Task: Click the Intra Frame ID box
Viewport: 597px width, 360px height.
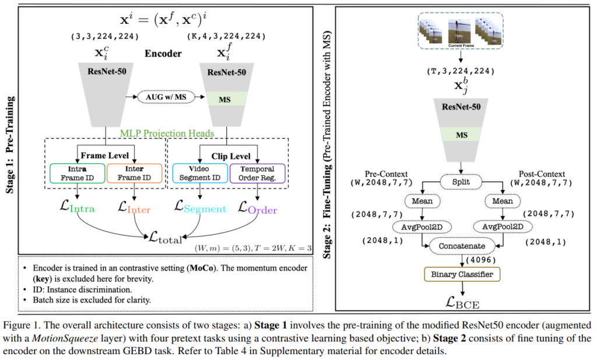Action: [x=76, y=173]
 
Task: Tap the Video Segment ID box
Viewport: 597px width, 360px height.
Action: [x=199, y=173]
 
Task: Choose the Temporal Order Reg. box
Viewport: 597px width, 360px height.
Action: [x=258, y=173]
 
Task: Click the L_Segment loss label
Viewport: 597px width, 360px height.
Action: [x=200, y=207]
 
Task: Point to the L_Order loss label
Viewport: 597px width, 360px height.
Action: [x=258, y=207]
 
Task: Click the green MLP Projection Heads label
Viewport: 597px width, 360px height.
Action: [x=167, y=133]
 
